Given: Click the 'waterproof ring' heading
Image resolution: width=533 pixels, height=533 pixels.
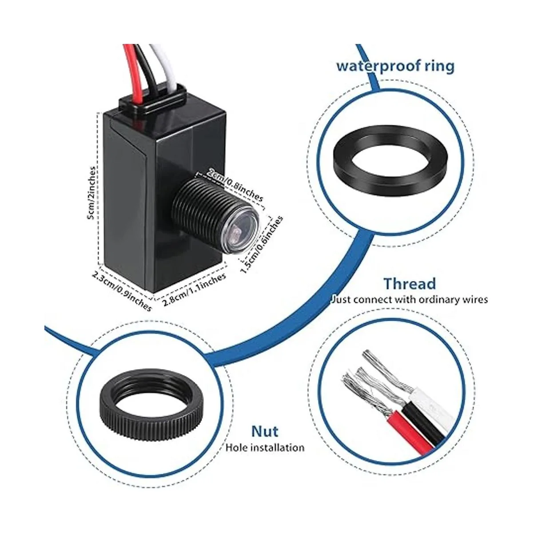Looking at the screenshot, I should (x=395, y=66).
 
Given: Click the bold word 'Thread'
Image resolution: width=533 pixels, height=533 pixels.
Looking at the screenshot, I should (x=410, y=283).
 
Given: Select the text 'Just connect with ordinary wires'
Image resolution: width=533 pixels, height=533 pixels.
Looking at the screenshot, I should (x=409, y=299).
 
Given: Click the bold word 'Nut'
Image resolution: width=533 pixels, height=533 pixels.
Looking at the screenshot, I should (x=265, y=431).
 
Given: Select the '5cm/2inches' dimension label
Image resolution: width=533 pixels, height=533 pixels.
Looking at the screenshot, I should (x=91, y=193).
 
